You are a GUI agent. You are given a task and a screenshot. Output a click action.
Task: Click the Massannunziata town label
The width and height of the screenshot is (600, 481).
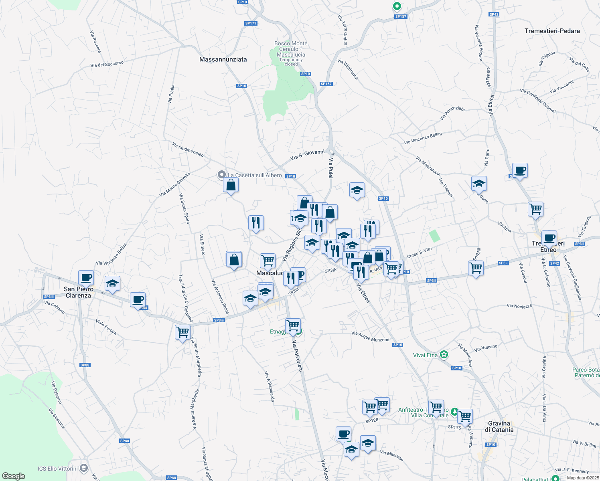[223, 59]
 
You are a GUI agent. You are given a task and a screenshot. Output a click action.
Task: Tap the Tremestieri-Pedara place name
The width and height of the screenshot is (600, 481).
[552, 31]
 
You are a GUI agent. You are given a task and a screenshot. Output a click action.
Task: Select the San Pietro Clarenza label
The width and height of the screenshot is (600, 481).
[79, 292]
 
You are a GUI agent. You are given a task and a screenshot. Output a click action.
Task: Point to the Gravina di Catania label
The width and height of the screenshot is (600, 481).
[499, 426]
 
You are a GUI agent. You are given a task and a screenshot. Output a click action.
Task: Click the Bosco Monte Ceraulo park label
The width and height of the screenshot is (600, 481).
[291, 49]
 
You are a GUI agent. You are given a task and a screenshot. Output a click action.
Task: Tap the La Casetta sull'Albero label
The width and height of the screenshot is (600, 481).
[255, 175]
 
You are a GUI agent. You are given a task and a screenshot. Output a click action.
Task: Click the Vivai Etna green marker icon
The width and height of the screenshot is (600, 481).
[444, 354]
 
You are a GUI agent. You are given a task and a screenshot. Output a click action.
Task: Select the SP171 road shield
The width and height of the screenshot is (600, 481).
[251, 23]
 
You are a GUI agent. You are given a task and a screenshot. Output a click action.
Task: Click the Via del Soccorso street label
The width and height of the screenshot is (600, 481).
[107, 64]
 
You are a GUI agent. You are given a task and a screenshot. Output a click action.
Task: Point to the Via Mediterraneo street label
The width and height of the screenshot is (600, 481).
[188, 150]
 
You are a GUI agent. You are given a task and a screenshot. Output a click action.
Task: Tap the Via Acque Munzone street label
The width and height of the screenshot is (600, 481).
[370, 336]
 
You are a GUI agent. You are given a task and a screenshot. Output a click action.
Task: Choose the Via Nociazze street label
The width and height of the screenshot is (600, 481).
[519, 306]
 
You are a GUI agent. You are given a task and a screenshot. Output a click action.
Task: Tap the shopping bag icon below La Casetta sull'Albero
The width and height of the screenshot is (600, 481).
[231, 185]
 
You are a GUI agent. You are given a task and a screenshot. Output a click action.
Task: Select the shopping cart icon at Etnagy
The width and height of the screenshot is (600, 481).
[293, 325]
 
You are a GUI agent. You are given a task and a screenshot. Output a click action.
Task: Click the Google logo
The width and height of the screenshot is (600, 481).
[14, 476]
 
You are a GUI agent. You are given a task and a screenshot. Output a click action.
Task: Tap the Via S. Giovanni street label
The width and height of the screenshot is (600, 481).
[307, 155]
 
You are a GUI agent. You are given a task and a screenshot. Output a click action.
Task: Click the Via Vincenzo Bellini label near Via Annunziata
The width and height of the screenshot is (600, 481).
[423, 138]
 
